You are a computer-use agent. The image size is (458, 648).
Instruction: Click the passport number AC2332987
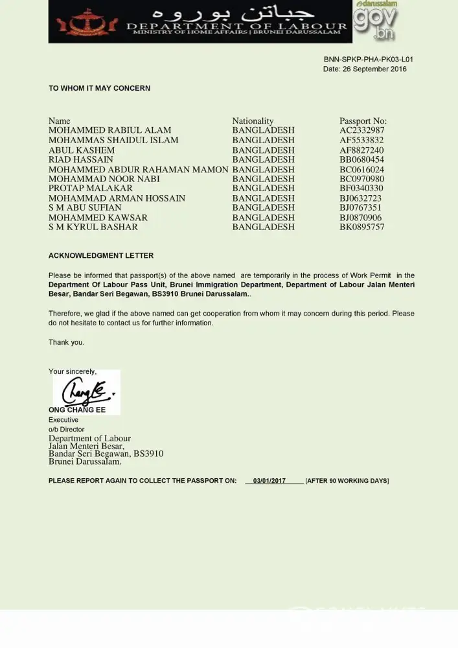click(361, 130)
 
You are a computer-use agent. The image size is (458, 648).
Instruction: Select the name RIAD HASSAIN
click(80, 159)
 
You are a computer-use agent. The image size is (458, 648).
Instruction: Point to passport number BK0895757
click(361, 227)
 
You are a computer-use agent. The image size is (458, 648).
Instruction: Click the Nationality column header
click(253, 121)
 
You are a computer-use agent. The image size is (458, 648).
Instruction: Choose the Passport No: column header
click(363, 121)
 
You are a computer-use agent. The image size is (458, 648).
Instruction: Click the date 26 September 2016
click(374, 69)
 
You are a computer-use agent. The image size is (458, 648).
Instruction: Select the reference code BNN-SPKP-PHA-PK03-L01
click(368, 60)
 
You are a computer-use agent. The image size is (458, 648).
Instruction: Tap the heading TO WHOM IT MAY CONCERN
click(99, 88)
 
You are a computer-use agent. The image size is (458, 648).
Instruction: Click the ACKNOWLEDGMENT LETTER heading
click(101, 256)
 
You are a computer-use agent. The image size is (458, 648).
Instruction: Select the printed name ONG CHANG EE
click(77, 410)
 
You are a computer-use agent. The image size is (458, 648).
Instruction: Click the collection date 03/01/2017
click(269, 481)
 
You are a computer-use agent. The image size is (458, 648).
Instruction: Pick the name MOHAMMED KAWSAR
click(98, 218)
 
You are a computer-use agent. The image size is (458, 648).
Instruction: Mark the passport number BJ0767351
click(360, 208)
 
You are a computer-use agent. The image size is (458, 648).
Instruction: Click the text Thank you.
click(66, 342)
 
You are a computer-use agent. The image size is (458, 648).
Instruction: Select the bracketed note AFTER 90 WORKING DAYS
click(347, 481)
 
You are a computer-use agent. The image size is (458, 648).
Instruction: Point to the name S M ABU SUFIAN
click(84, 208)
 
